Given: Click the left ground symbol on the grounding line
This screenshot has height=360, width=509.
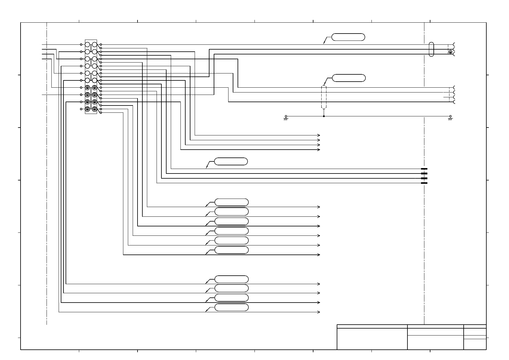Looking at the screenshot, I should (286, 117).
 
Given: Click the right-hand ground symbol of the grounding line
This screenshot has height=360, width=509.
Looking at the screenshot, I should (450, 117).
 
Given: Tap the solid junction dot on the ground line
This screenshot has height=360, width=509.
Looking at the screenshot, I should (324, 116).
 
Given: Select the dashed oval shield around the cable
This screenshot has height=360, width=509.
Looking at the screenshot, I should (324, 97).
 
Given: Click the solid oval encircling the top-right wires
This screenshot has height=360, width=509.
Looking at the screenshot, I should (431, 49).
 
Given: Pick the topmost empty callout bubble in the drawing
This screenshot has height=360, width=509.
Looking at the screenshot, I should (348, 37).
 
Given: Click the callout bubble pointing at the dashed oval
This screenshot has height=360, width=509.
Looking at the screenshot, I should (349, 78).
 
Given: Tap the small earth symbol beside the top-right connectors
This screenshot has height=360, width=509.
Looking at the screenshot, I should (450, 52).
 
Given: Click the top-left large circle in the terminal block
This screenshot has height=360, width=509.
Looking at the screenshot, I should (87, 44).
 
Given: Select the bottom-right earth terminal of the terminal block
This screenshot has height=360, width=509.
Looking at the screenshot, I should (94, 109).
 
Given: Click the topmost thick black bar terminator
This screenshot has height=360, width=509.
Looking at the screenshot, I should (424, 169).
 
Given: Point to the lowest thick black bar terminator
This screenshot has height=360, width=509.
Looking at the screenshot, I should (424, 183).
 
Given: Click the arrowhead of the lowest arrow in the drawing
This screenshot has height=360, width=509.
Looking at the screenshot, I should (319, 312).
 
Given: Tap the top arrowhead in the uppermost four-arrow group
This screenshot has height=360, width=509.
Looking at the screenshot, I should (319, 135).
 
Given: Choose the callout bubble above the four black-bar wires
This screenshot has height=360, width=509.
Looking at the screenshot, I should (231, 161).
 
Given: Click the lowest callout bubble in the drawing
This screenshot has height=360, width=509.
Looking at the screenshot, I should (232, 308).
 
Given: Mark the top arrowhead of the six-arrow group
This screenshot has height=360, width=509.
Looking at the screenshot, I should (319, 207).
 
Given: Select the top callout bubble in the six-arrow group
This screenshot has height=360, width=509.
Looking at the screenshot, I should (232, 202).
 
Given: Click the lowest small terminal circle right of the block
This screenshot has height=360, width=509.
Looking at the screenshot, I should (101, 112).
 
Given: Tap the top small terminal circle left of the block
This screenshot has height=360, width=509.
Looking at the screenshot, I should (81, 44).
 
